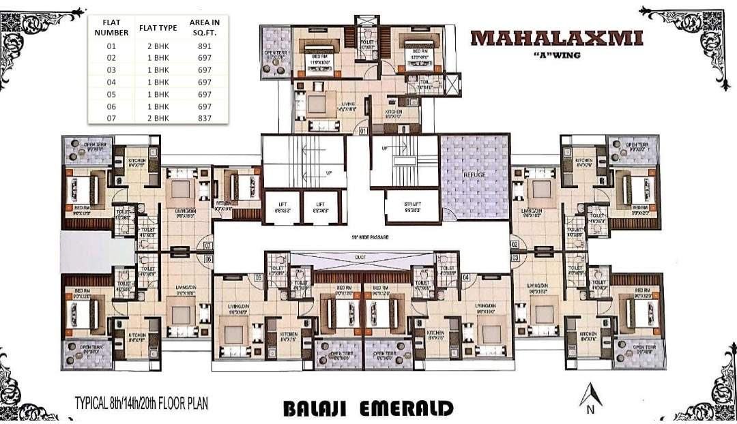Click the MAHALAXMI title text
click(x=556, y=37)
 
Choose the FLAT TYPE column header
click(x=158, y=28)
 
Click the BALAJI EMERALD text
click(x=368, y=408)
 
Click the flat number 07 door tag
click(x=209, y=245)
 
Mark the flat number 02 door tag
click(x=515, y=243)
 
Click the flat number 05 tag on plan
click(x=259, y=277)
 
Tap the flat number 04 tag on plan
click(x=466, y=277)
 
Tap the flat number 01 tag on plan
click(x=363, y=130)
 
